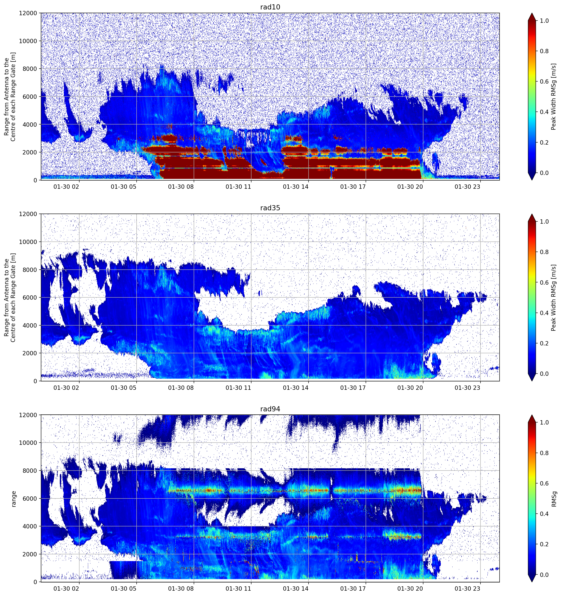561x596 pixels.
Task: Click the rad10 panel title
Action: (x=270, y=7)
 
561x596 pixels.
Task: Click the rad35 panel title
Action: (x=270, y=208)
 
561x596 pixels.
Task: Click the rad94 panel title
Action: (x=270, y=409)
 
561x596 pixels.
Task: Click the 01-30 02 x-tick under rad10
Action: (x=66, y=187)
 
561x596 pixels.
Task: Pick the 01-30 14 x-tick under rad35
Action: (x=296, y=388)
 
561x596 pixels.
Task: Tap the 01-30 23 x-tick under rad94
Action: (x=468, y=589)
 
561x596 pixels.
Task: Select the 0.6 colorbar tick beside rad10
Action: (x=544, y=82)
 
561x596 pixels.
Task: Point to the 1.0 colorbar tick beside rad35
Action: (x=544, y=222)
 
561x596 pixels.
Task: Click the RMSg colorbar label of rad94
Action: (x=554, y=499)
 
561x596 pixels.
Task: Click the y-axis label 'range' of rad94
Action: (x=14, y=499)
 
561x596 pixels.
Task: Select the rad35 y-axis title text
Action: (x=10, y=297)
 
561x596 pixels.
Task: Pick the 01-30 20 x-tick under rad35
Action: (x=410, y=388)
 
